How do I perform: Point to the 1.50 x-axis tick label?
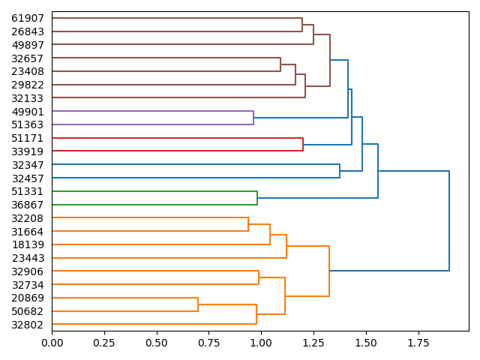click(x=366, y=343)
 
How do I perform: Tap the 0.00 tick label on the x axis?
click(x=52, y=343)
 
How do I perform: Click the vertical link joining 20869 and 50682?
click(x=198, y=304)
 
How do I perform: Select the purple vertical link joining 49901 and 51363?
click(x=253, y=118)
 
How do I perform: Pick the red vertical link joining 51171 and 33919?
click(x=303, y=145)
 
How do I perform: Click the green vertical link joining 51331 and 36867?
click(x=257, y=198)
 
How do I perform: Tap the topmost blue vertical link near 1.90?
click(x=449, y=220)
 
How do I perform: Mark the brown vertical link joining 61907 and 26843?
click(x=302, y=25)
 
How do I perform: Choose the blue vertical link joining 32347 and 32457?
click(x=340, y=172)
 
